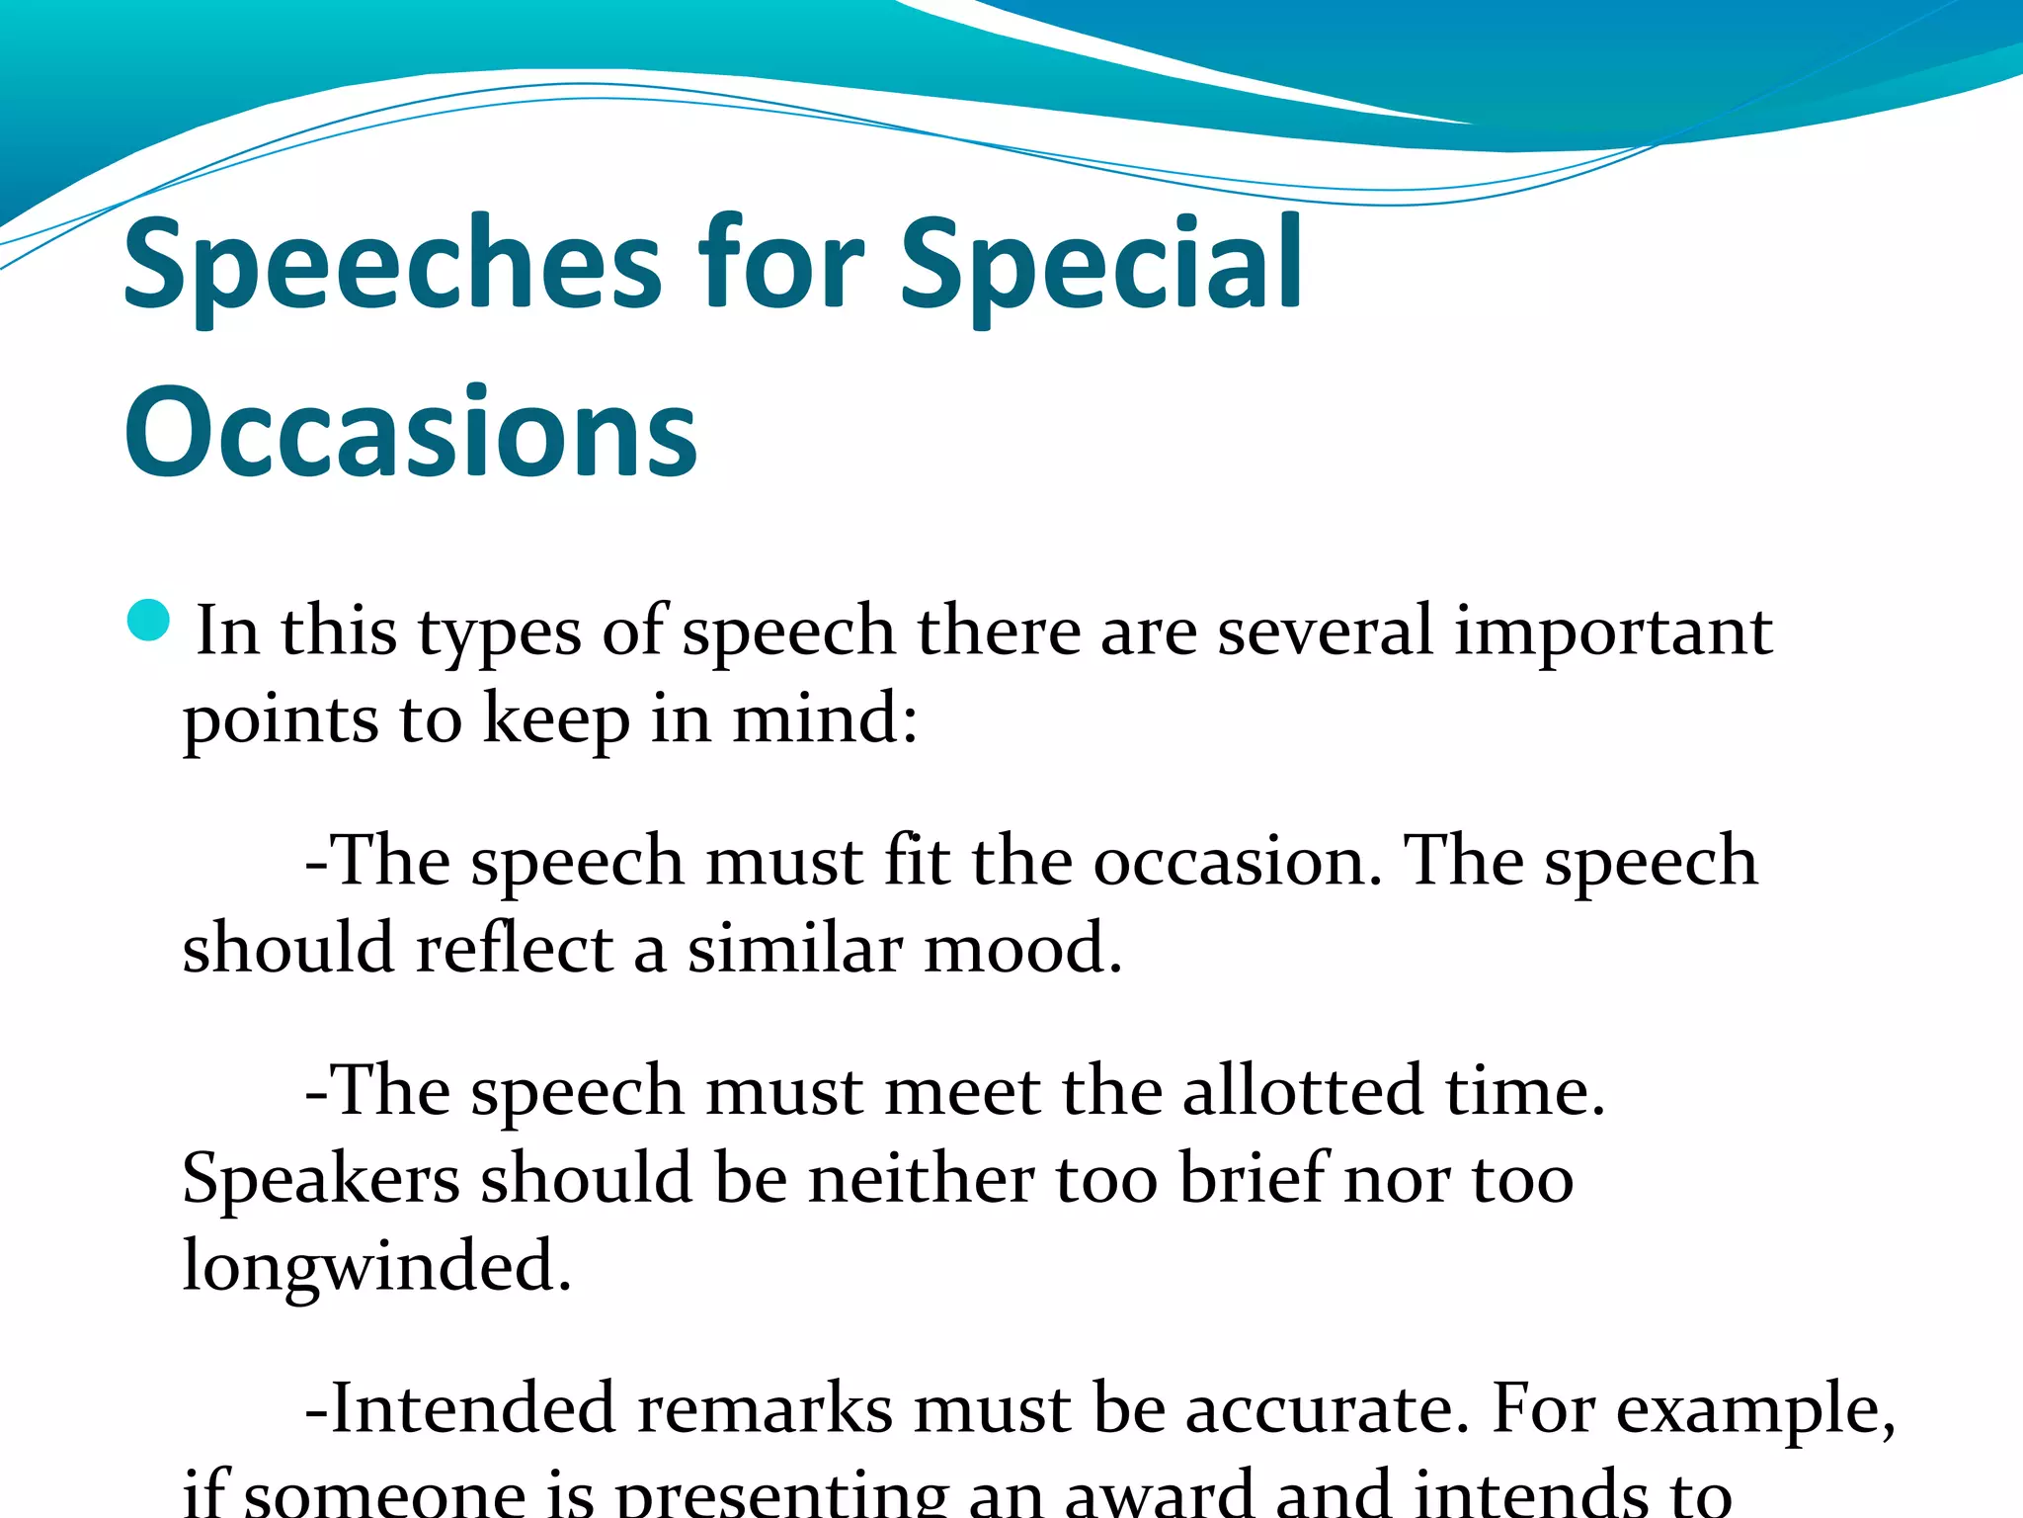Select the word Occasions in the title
click(x=410, y=433)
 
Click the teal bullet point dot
click(x=149, y=621)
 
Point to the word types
click(x=499, y=632)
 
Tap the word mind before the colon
click(x=815, y=718)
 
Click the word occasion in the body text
click(x=1235, y=861)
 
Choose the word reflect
click(x=515, y=948)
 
